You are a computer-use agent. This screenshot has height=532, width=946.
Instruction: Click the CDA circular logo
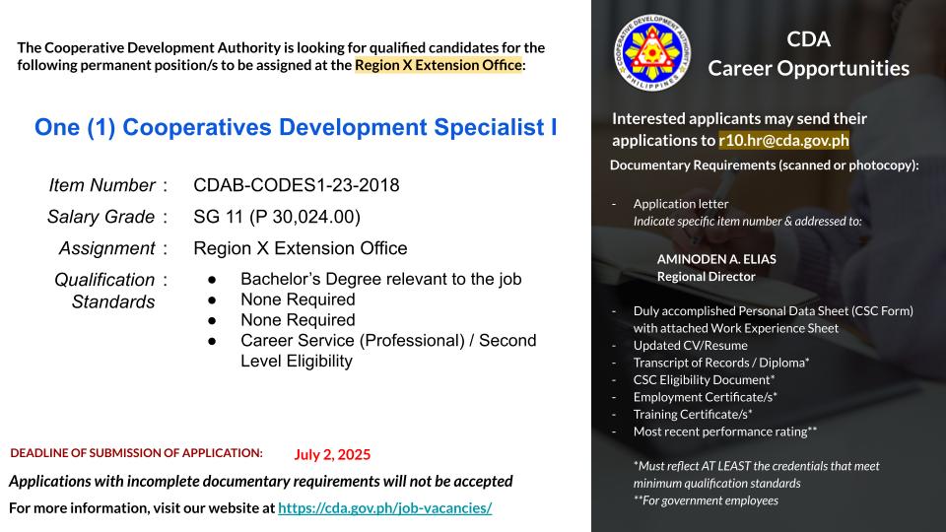tap(652, 53)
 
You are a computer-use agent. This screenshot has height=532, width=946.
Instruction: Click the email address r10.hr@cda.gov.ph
tap(783, 140)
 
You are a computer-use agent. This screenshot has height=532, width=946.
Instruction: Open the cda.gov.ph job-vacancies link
tap(385, 508)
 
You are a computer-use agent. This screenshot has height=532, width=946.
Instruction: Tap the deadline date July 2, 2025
tap(332, 455)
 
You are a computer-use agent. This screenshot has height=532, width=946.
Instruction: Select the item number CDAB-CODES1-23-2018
tap(297, 185)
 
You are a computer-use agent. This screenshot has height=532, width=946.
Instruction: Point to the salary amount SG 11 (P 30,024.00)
tap(277, 217)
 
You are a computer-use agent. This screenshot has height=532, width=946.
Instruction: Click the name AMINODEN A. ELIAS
tap(716, 259)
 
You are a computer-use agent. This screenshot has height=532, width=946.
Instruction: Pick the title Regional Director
tap(706, 277)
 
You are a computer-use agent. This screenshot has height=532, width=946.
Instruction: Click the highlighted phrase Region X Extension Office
tap(438, 65)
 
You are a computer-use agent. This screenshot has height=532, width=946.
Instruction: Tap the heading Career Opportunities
tap(808, 68)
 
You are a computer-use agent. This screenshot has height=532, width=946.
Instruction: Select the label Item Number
tap(101, 185)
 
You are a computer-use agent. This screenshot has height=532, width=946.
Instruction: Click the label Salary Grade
tap(101, 217)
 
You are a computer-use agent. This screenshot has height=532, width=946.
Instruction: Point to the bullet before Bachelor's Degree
tap(212, 280)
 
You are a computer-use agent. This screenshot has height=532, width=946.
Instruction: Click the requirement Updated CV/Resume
tap(690, 346)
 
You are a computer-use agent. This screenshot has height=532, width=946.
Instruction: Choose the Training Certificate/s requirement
tap(693, 415)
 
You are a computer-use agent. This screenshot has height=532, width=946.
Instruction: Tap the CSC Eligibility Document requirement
tap(704, 380)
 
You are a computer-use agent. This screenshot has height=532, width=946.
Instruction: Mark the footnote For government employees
tap(706, 500)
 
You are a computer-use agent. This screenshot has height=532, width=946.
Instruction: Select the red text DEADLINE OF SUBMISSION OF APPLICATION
tap(136, 453)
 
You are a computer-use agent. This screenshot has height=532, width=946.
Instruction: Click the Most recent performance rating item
tap(724, 432)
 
